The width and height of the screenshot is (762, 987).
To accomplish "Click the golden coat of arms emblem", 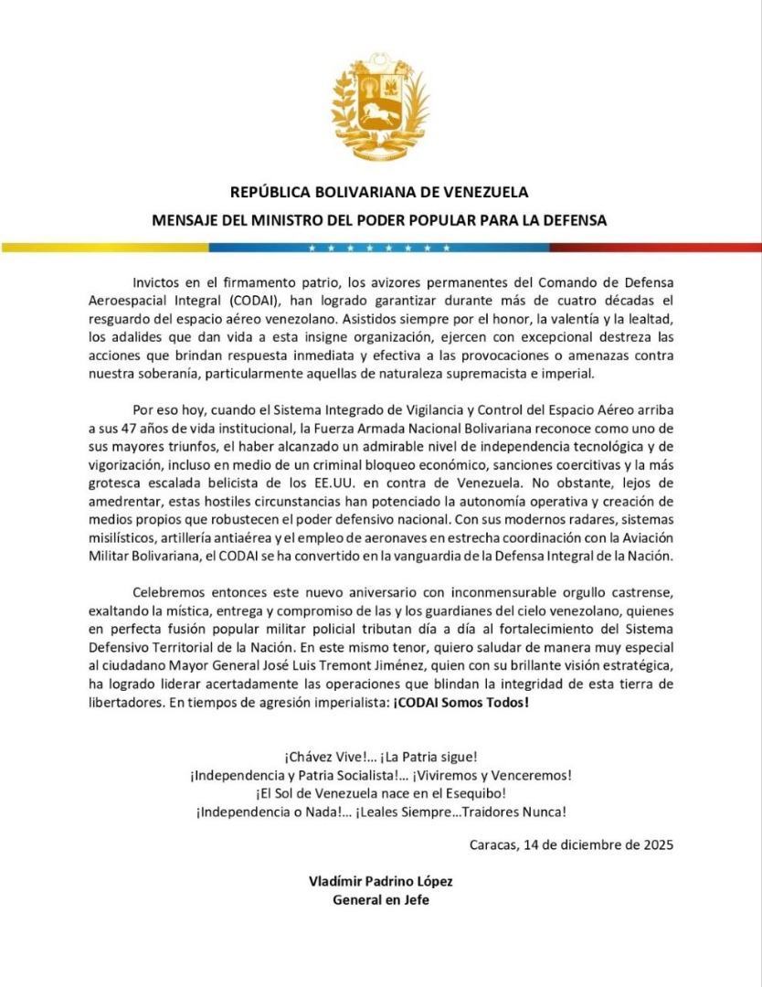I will point(380,102).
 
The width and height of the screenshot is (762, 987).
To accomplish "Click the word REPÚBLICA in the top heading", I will point(276,193).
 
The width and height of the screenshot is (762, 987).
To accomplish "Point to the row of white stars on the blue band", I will point(378,247).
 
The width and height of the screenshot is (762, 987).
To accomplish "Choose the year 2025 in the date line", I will point(655,844).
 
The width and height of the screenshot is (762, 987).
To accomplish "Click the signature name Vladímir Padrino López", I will point(381,881).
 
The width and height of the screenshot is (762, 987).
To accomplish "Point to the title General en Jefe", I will point(381,898).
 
